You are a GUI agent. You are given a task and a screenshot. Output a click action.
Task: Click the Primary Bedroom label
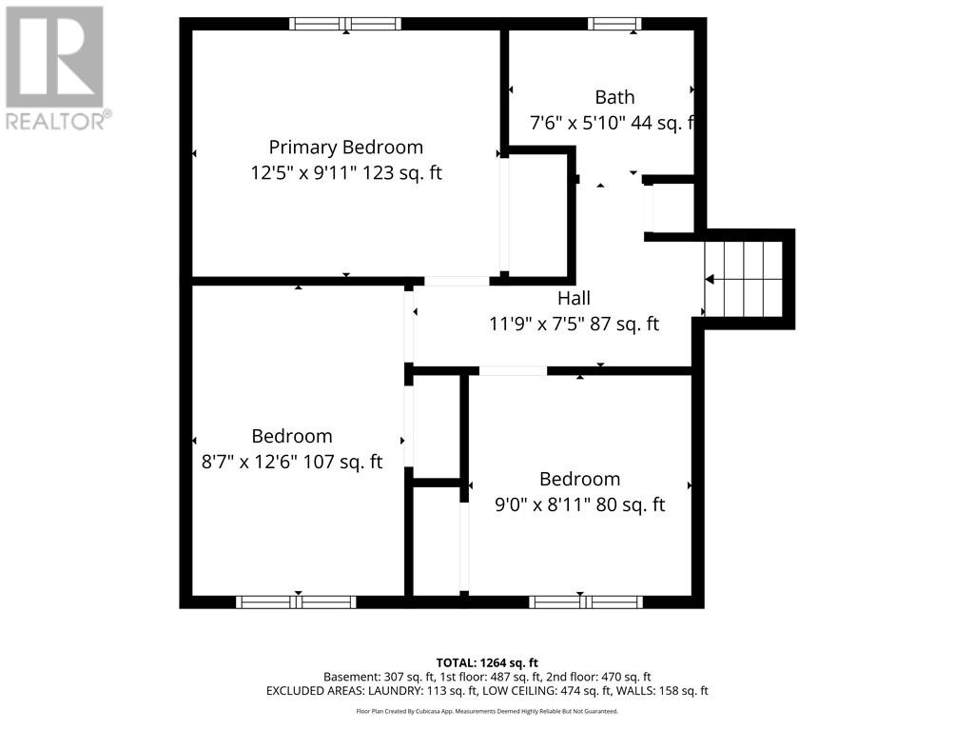click(345, 148)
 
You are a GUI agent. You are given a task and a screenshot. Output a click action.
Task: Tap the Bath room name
click(614, 97)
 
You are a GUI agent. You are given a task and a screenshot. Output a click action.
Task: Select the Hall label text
click(574, 299)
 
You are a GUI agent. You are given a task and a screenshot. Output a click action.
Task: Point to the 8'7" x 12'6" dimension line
click(291, 462)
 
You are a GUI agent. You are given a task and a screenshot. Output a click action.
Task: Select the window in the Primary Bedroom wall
click(345, 24)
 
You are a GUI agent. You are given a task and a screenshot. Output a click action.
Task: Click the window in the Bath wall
click(614, 24)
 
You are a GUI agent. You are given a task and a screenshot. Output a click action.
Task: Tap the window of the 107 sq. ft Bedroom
click(296, 602)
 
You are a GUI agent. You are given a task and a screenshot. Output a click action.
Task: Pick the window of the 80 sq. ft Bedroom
click(586, 602)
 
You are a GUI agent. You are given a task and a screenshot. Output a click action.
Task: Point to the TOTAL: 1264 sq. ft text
click(487, 662)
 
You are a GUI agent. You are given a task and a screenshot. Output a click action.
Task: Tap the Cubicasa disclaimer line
click(487, 711)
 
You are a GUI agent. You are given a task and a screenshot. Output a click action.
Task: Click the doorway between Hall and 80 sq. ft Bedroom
click(513, 370)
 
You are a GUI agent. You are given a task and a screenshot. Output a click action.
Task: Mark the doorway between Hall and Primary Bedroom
click(457, 281)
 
